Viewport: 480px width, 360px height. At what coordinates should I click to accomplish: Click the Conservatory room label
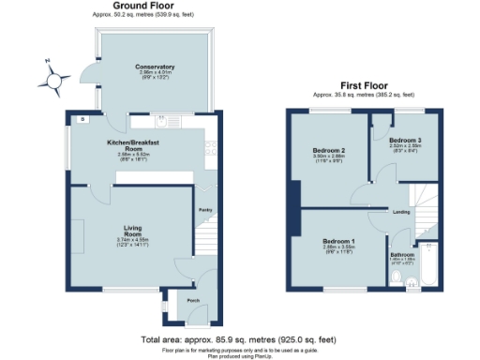[x=155, y=67]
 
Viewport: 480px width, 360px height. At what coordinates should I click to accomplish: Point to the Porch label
[x=194, y=300]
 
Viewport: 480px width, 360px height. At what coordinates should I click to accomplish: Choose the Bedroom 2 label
[x=330, y=150]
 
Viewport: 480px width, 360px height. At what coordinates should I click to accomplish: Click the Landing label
[x=402, y=212]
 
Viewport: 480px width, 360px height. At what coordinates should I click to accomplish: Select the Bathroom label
[x=402, y=253]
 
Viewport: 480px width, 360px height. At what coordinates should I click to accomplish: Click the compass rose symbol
[x=55, y=76]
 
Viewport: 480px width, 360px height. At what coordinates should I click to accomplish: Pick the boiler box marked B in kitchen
[x=82, y=120]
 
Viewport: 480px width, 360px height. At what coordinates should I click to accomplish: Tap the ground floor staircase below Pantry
[x=208, y=239]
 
